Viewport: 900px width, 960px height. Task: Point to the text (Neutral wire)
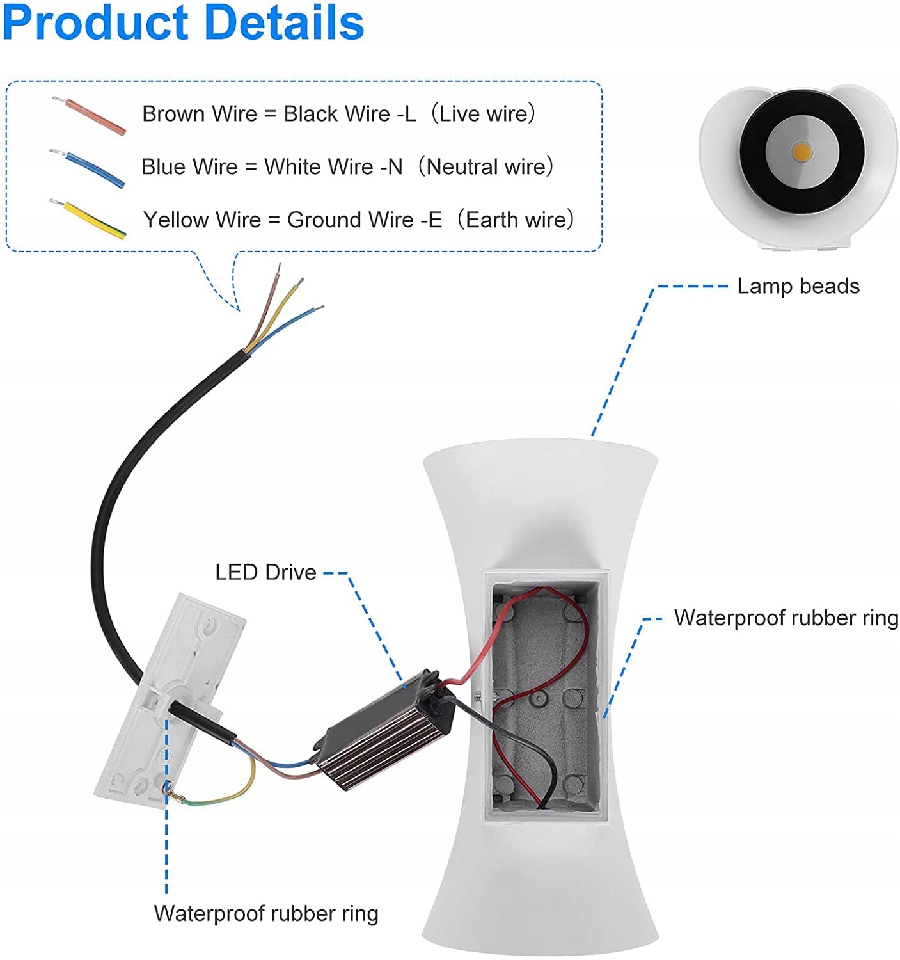click(486, 167)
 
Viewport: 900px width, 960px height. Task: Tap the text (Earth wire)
click(516, 220)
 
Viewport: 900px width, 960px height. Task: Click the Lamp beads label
click(798, 286)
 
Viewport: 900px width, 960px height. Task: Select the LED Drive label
click(265, 572)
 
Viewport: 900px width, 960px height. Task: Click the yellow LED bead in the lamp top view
click(801, 152)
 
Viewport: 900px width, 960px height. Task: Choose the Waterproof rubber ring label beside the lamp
click(786, 618)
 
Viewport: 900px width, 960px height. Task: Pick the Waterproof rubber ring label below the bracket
click(265, 913)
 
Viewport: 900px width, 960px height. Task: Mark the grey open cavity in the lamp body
click(544, 698)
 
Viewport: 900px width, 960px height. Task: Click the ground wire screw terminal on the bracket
click(171, 790)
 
